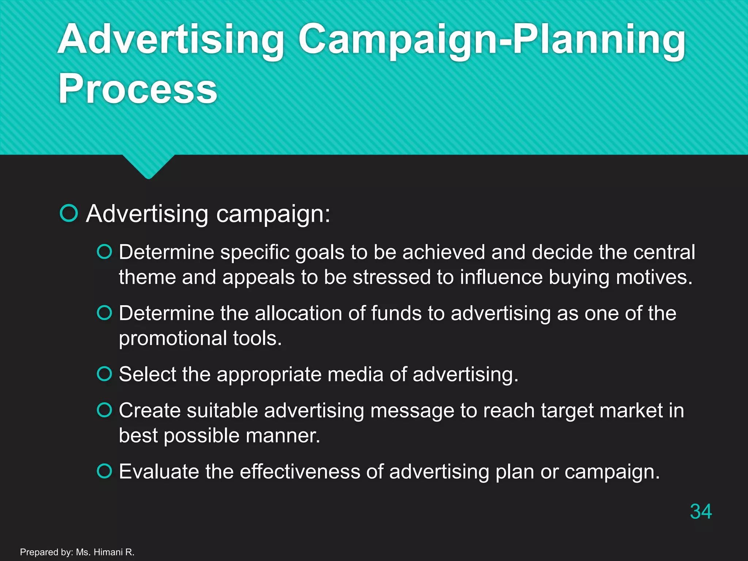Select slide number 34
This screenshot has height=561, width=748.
pos(701,511)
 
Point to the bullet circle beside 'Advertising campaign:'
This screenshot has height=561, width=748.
pos(69,213)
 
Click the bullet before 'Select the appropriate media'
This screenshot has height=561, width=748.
pos(104,374)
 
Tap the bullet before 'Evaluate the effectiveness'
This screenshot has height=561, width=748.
pos(104,471)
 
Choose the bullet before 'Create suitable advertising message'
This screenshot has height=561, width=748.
pos(104,410)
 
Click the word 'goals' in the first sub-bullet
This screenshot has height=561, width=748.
pos(320,253)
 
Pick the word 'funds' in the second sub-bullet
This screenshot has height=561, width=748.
pos(396,313)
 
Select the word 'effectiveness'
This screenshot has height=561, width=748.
pos(300,472)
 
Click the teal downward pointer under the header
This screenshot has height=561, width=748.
pos(148,166)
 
